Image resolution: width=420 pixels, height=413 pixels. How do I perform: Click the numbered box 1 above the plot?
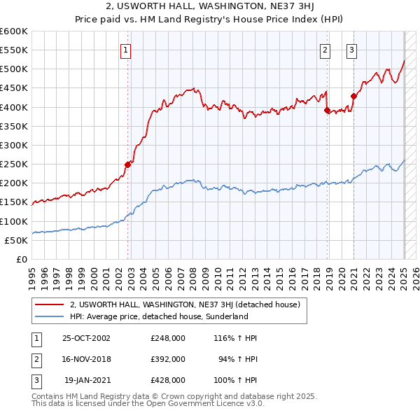(125, 50)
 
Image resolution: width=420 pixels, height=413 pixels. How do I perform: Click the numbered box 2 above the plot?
(325, 50)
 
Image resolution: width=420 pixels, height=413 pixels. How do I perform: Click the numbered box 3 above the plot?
(351, 50)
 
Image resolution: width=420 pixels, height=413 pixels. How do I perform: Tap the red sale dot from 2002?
(128, 164)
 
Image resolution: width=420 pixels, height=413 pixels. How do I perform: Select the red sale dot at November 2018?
(327, 110)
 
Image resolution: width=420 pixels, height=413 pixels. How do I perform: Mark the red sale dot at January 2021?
(353, 97)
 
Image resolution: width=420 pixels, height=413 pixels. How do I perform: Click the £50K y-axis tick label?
(17, 240)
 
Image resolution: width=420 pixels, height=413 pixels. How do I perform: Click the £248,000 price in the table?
(167, 338)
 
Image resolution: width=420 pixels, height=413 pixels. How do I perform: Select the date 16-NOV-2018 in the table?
(87, 359)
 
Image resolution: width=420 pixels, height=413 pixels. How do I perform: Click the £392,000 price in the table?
(167, 359)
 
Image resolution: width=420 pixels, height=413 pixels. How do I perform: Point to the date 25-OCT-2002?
(87, 338)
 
